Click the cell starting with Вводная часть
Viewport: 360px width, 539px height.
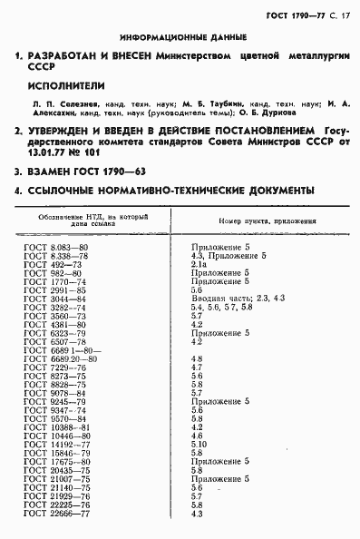click(x=239, y=299)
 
